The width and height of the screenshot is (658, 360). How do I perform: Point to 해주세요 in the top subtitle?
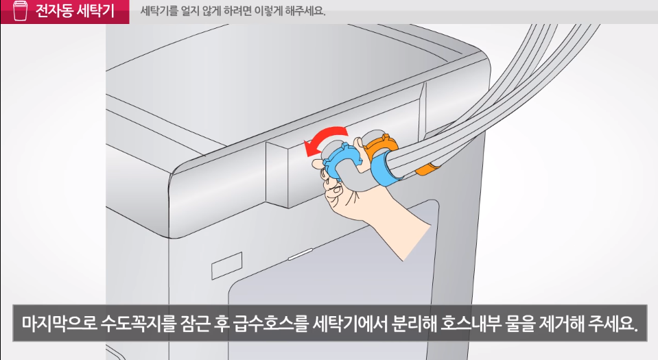point(305,11)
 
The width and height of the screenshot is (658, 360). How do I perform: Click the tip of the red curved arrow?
point(307,152)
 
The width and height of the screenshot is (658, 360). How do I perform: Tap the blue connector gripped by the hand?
point(339,160)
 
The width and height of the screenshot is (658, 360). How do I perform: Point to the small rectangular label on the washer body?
point(226,265)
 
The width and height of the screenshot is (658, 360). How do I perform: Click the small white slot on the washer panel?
point(300,254)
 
